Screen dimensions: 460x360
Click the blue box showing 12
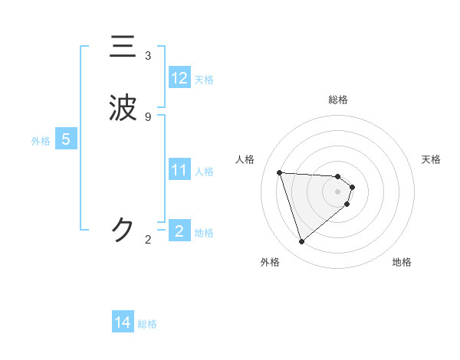pyautogui.click(x=179, y=78)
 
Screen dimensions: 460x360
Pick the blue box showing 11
pyautogui.click(x=179, y=170)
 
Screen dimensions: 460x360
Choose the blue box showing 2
pyautogui.click(x=179, y=231)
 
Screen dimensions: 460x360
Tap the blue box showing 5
pyautogui.click(x=66, y=139)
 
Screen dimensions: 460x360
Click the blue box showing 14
pyautogui.click(x=123, y=322)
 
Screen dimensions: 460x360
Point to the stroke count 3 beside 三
pyautogui.click(x=148, y=56)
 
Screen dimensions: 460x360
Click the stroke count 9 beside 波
pyautogui.click(x=148, y=116)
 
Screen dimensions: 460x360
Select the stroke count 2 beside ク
pyautogui.click(x=148, y=240)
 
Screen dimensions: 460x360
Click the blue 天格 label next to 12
pyautogui.click(x=204, y=79)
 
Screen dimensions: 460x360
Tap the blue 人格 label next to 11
pyautogui.click(x=204, y=171)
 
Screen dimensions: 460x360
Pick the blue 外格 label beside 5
pyautogui.click(x=41, y=140)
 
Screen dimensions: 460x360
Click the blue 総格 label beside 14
pyautogui.click(x=147, y=323)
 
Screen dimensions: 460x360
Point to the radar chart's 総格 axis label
pyautogui.click(x=338, y=100)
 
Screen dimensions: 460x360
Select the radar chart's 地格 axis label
pyautogui.click(x=402, y=262)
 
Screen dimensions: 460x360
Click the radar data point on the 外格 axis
pyautogui.click(x=301, y=242)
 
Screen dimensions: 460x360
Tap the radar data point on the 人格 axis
pyautogui.click(x=280, y=172)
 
